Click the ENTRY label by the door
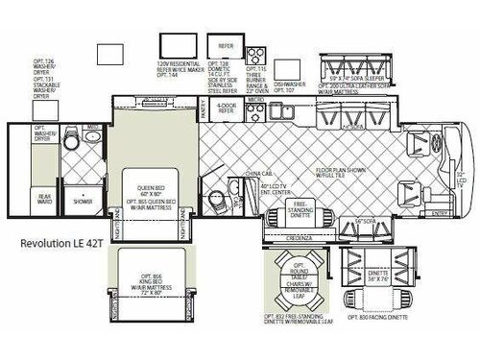[441, 213]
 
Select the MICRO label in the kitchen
[255, 97]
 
